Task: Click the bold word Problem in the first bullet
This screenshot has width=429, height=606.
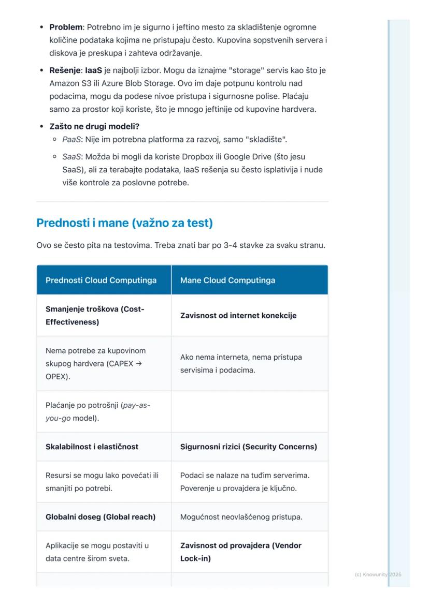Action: tap(66, 27)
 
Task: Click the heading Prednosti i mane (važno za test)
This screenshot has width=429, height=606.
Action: tap(124, 223)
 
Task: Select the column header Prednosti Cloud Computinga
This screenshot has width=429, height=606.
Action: tap(101, 280)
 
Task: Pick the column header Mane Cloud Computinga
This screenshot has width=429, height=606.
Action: tap(227, 280)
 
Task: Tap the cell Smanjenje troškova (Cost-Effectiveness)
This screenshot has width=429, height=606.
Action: tap(95, 315)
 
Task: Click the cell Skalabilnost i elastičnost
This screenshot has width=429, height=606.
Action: tap(92, 446)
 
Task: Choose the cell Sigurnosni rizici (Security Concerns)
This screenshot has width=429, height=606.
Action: tap(248, 446)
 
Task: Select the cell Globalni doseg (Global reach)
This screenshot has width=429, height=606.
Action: tap(101, 516)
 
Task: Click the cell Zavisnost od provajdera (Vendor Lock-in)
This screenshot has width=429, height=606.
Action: tap(240, 552)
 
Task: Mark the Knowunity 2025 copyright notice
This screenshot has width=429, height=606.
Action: tap(378, 574)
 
